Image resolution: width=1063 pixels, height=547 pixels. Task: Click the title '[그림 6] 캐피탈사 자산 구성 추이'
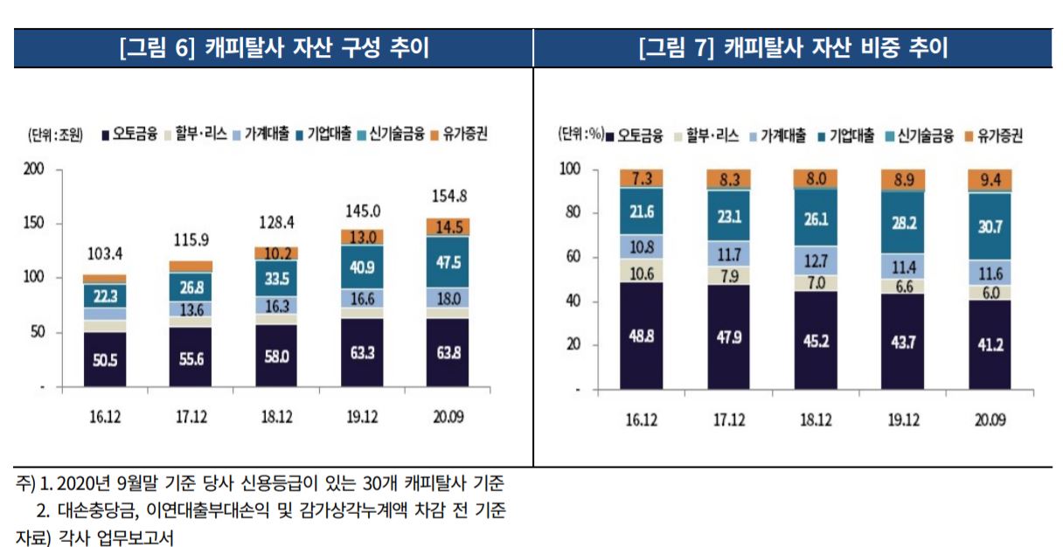coord(274,47)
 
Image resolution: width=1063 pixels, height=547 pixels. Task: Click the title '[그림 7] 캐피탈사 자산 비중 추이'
coord(793,47)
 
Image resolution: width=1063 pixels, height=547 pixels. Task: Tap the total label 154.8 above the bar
coord(448,195)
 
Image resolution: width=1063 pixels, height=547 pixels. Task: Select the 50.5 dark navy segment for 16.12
coord(104,358)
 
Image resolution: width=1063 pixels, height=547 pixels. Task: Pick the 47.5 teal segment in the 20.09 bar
coord(448,262)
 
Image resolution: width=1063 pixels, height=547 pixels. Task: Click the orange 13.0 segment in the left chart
coord(362,237)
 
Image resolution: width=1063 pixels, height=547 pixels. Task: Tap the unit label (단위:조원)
coord(54,135)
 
